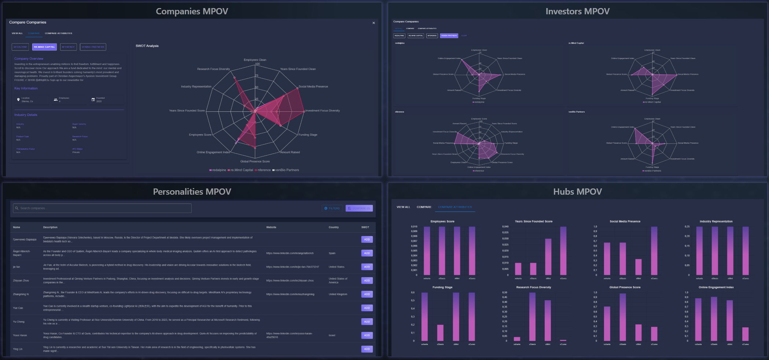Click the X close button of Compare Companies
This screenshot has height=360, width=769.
pos(374,23)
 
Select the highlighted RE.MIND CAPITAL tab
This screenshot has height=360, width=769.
pos(44,47)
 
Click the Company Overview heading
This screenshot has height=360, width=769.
pos(29,59)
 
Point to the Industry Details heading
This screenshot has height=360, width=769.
pos(26,115)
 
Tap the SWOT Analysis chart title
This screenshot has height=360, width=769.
pos(147,46)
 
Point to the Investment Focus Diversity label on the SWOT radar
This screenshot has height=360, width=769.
pos(322,111)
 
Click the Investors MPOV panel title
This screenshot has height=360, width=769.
pos(577,11)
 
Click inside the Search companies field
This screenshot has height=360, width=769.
pos(103,208)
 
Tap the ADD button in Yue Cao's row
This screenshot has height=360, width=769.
pos(367,308)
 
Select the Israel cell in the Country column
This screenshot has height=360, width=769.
pos(332,335)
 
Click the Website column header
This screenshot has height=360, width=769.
pos(271,227)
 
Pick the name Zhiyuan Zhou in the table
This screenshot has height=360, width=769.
pos(21,280)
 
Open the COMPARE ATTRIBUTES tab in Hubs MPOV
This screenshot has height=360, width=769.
pos(455,207)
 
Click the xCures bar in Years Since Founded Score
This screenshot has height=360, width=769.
pos(563,251)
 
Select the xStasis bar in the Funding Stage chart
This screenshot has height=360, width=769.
pos(440,333)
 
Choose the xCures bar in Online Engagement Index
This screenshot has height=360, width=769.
pos(745,334)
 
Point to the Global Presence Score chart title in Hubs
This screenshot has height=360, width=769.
pos(625,287)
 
